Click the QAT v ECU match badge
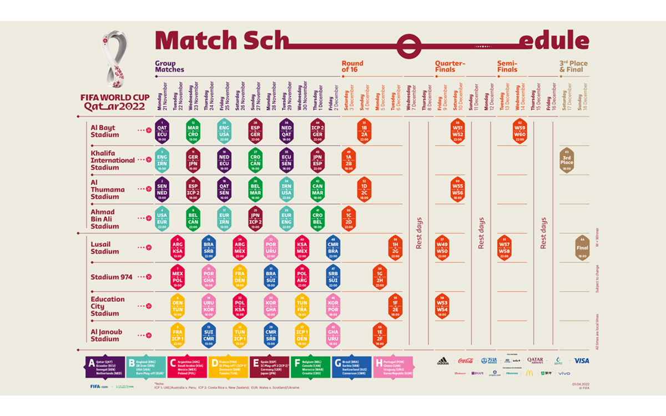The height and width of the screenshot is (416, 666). point(163,131)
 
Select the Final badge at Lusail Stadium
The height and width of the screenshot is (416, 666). point(582,248)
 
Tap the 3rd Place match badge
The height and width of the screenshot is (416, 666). point(567,160)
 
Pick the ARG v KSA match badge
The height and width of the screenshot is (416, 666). point(178,248)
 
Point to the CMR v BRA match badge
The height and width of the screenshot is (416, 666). point(333,248)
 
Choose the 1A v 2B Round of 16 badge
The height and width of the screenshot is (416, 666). point(349,160)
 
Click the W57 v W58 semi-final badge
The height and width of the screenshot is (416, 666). point(504,248)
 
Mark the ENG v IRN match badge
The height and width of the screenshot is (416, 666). point(163,160)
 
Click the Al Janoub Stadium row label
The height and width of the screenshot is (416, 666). point(105,336)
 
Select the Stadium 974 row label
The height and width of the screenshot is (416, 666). point(112,277)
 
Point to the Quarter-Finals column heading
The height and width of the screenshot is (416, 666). point(450,67)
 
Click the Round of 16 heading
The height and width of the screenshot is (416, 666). point(352,67)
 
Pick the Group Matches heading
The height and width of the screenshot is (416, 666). point(169,67)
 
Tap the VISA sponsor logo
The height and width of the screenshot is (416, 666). point(581,361)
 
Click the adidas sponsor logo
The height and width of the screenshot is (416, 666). point(442,361)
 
